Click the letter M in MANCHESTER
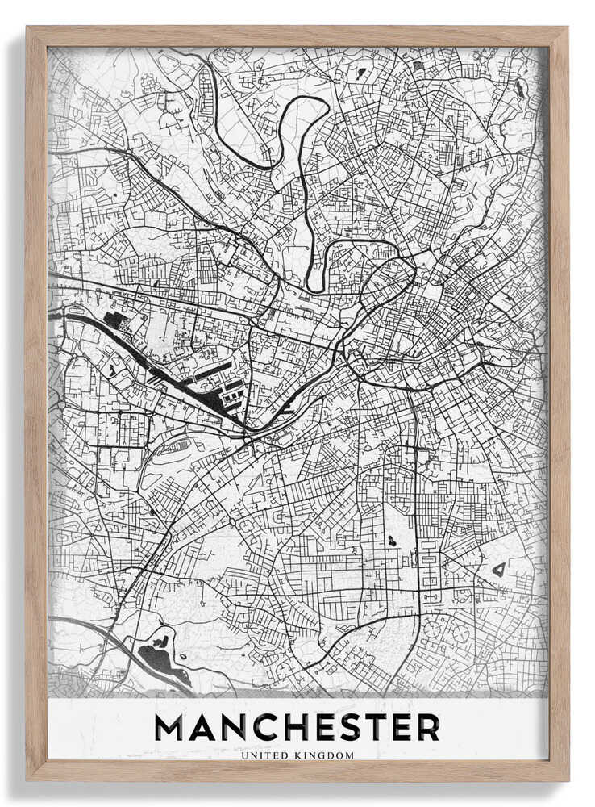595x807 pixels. pyautogui.click(x=172, y=727)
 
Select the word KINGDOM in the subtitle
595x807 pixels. pyautogui.click(x=327, y=756)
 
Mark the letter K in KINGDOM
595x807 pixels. pyautogui.click(x=302, y=756)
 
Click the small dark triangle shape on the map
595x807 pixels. pyautogui.click(x=499, y=569)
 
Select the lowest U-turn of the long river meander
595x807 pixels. pyautogui.click(x=315, y=286)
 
